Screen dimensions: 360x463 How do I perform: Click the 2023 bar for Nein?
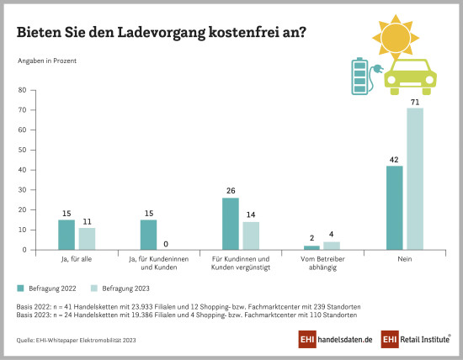click(415, 178)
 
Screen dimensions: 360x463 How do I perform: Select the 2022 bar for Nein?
click(395, 208)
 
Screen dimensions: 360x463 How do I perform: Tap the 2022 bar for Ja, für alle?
click(67, 235)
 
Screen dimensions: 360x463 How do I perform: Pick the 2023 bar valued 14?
click(251, 236)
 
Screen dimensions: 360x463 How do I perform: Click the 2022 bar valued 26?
click(231, 224)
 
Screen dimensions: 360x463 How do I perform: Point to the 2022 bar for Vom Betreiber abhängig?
click(312, 247)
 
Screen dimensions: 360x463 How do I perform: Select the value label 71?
click(415, 101)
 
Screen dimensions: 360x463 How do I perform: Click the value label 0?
click(169, 243)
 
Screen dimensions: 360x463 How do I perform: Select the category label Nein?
click(405, 260)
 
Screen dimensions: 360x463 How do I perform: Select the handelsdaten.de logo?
click(334, 339)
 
